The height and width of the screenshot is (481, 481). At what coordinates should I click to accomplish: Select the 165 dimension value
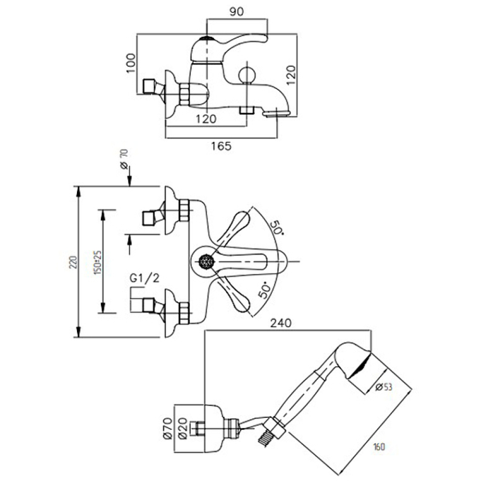point(221,146)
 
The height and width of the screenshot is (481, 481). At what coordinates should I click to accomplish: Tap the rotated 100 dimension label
point(131,64)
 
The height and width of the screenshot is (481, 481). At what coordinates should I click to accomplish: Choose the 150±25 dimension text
point(97,262)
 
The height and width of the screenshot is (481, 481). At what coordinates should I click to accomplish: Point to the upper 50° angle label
point(277,226)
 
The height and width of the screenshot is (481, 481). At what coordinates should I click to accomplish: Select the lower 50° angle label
point(266,289)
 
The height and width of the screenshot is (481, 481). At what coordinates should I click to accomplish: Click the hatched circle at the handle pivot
point(206,261)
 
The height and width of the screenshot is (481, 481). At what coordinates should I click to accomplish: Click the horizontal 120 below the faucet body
point(206,119)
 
